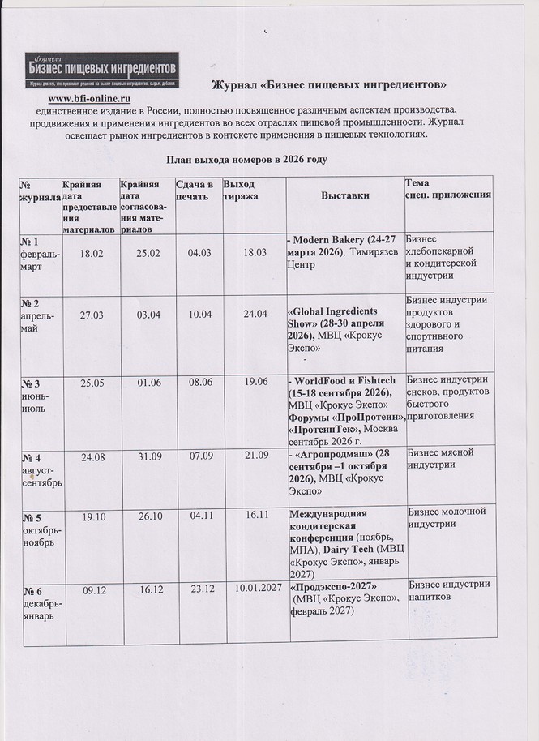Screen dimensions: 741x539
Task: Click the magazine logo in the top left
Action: (103, 69)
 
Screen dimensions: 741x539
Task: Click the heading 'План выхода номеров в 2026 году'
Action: (246, 160)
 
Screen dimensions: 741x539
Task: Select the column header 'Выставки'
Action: (344, 195)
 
